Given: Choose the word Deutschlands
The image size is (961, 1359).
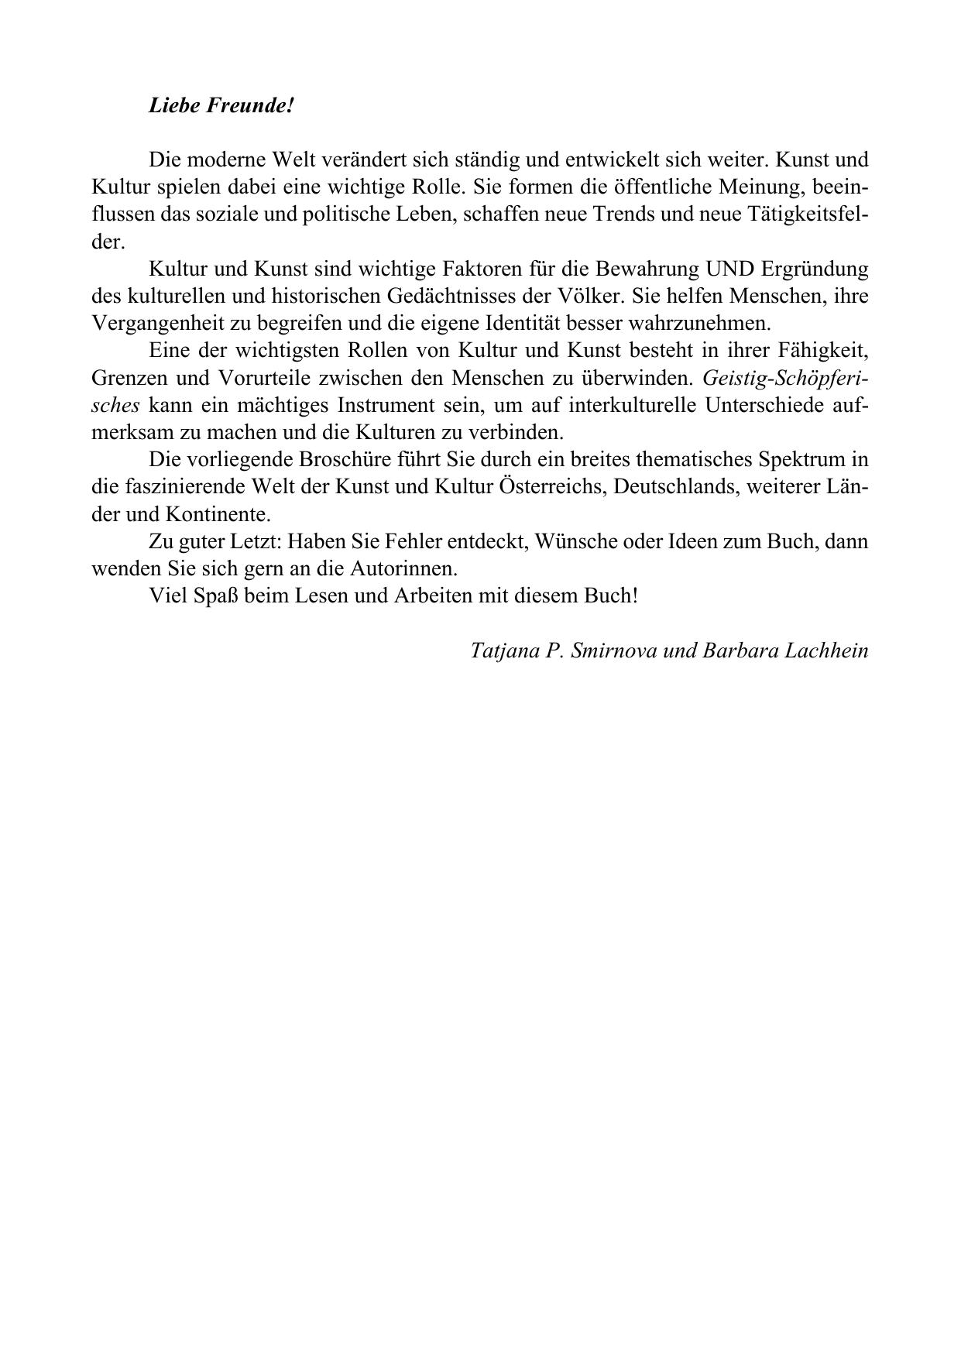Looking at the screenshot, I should [x=674, y=487].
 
